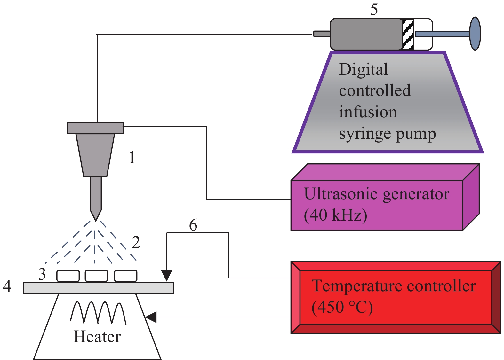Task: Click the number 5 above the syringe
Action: pyautogui.click(x=374, y=10)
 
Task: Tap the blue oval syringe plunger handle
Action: pyautogui.click(x=475, y=34)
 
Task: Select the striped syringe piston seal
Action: pyautogui.click(x=408, y=34)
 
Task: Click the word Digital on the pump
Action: pyautogui.click(x=363, y=70)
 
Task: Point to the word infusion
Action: pyautogui.click(x=368, y=112)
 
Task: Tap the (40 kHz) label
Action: pyautogui.click(x=335, y=215)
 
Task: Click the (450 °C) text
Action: pyautogui.click(x=342, y=307)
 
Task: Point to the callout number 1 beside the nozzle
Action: pyautogui.click(x=132, y=158)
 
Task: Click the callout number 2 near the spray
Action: pyautogui.click(x=136, y=242)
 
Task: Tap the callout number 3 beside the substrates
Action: pyautogui.click(x=42, y=274)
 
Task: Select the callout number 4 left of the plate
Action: pyautogui.click(x=7, y=286)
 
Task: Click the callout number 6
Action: pyautogui.click(x=193, y=225)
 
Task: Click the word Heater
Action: pyautogui.click(x=97, y=337)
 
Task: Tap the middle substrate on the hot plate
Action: pyautogui.click(x=96, y=276)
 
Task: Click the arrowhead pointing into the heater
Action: pyautogui.click(x=151, y=317)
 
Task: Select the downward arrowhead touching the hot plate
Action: pyautogui.click(x=167, y=275)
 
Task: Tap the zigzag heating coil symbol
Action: pyautogui.click(x=98, y=312)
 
